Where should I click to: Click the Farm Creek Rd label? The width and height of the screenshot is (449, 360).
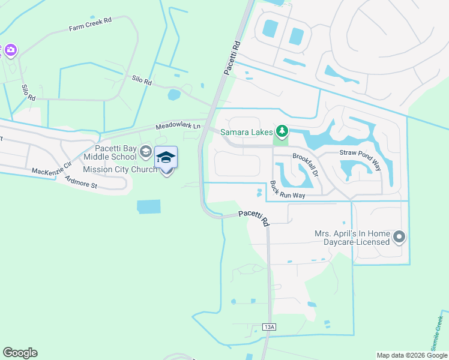click(x=91, y=24)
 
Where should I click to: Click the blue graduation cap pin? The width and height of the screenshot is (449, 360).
click(x=166, y=158)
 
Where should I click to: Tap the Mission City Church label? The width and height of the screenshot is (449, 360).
click(x=119, y=169)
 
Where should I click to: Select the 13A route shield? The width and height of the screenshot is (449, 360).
click(x=270, y=326)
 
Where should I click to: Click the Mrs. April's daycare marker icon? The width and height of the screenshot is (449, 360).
click(x=400, y=238)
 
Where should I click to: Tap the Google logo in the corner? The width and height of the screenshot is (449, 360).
click(x=20, y=352)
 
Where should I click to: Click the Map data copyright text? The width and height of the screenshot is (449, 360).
click(x=411, y=355)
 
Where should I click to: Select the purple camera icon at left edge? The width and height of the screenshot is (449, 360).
click(x=10, y=50)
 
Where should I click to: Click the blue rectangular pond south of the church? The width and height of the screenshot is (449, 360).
click(x=149, y=207)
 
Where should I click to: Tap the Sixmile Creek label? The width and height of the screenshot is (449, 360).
click(x=438, y=332)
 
